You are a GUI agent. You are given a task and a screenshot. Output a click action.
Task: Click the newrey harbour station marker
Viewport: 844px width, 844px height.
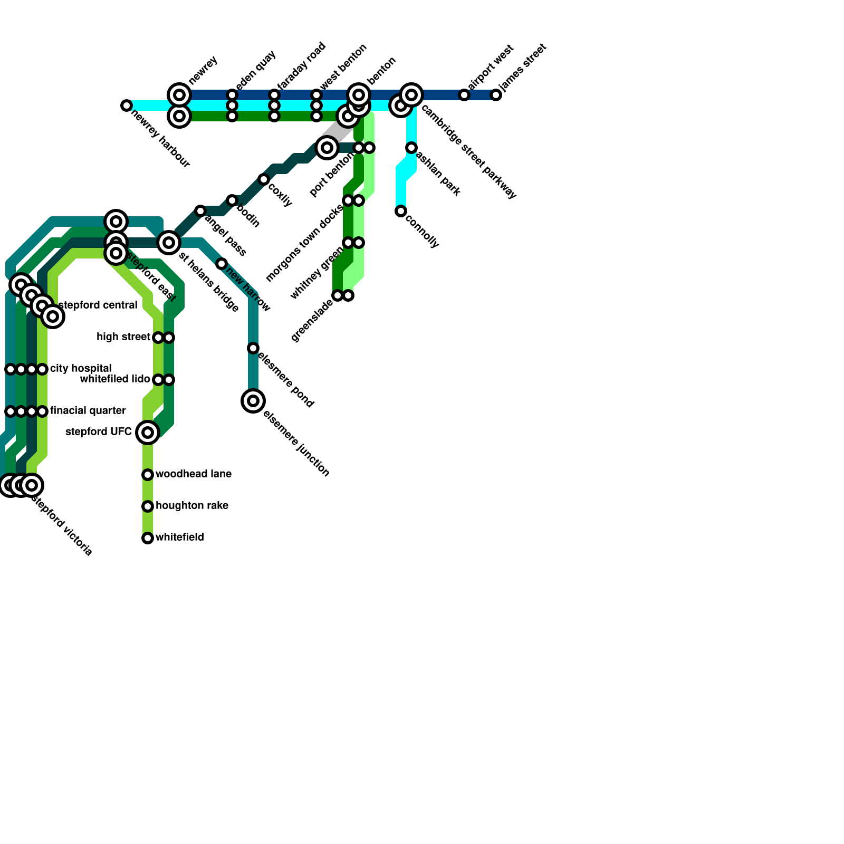126,105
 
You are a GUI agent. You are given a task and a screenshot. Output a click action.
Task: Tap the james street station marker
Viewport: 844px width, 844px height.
496,95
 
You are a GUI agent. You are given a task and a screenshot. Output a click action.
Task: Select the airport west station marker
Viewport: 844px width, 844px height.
464,95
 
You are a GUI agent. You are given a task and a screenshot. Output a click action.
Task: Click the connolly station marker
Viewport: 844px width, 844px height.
401,211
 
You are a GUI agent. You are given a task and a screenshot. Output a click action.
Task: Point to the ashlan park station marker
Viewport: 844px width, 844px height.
411,148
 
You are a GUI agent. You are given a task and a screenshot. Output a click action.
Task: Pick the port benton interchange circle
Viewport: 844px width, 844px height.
327,148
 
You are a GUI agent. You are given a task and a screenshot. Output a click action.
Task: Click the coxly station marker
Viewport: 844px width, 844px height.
264,179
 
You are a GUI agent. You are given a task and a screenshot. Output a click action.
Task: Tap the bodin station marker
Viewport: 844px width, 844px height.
232,200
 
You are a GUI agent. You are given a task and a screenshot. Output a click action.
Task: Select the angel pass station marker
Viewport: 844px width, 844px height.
200,211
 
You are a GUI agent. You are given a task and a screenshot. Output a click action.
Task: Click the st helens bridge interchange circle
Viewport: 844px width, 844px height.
169,243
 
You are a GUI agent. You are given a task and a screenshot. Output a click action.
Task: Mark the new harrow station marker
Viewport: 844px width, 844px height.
222,264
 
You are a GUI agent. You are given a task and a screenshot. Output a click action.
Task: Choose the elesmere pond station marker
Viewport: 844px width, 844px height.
253,348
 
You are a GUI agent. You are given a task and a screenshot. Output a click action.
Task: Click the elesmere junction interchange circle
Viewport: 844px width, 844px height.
253,401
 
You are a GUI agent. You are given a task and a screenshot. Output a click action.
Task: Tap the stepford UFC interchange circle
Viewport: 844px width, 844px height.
148,433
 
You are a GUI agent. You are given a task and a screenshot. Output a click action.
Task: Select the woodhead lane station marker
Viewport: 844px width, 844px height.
148,475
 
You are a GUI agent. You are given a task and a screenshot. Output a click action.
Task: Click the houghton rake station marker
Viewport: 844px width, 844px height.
148,506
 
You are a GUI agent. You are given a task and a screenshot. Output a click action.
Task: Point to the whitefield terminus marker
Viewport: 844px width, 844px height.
148,538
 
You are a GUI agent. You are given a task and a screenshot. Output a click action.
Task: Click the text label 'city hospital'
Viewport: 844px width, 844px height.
81,368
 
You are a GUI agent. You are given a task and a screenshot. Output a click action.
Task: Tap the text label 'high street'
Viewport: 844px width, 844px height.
123,337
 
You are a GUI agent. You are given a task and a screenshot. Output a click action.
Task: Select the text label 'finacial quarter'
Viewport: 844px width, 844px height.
88,410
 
